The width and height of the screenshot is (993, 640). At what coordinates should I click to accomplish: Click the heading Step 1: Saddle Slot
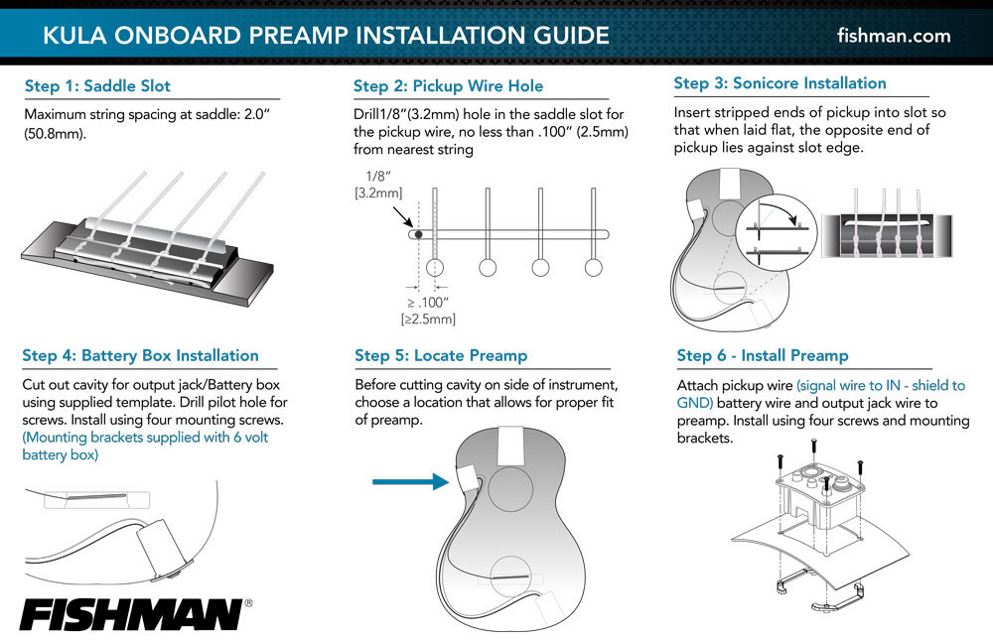tap(97, 86)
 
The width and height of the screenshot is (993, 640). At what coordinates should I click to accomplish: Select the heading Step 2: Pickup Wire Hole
tap(448, 86)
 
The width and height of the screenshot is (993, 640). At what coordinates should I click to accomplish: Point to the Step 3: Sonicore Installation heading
tap(780, 83)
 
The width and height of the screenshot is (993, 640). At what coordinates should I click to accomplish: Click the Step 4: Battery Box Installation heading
tap(140, 355)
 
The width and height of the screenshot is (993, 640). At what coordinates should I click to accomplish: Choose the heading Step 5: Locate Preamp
tap(441, 355)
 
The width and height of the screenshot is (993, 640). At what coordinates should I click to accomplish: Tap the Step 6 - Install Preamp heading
tap(762, 355)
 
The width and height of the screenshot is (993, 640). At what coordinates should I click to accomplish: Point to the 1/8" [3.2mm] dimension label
tap(374, 184)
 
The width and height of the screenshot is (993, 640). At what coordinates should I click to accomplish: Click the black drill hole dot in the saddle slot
tap(418, 234)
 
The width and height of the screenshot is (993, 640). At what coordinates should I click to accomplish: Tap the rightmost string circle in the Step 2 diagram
tap(594, 267)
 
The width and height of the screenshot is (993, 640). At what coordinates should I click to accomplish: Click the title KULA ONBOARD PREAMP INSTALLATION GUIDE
tap(326, 36)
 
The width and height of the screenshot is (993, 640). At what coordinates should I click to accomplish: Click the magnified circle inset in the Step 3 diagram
tap(777, 227)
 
